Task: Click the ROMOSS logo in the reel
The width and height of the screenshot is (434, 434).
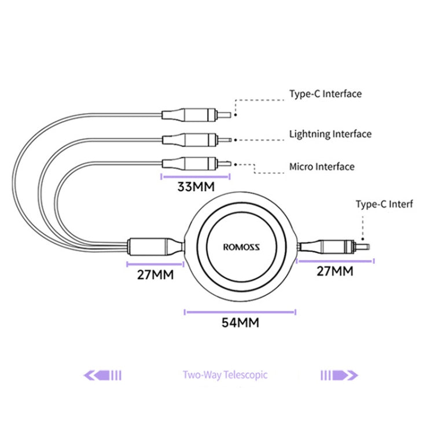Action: click(x=241, y=247)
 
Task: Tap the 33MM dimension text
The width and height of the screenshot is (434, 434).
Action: click(x=196, y=187)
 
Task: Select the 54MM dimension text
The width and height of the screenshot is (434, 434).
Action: click(x=240, y=323)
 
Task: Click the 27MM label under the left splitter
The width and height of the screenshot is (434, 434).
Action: click(x=155, y=275)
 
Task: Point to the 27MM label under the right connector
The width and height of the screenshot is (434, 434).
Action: click(x=335, y=271)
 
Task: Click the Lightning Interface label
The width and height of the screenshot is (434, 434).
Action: click(x=330, y=134)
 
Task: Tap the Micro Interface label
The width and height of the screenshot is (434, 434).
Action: click(x=322, y=167)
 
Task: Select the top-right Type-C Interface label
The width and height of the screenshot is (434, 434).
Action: click(x=325, y=94)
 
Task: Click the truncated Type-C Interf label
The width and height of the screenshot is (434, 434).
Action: click(x=384, y=204)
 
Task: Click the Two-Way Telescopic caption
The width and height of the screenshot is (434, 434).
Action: click(x=225, y=375)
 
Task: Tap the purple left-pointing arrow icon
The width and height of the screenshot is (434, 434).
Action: click(x=102, y=376)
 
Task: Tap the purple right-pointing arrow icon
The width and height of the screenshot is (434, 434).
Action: click(x=339, y=376)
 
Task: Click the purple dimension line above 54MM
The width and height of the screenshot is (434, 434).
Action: click(x=240, y=312)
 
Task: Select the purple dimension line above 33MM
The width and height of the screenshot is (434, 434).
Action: click(x=196, y=176)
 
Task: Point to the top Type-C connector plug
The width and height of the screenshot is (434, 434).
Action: click(x=196, y=115)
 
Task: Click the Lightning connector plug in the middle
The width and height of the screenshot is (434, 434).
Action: click(x=197, y=140)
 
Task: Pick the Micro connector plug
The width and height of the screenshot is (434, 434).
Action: click(x=196, y=164)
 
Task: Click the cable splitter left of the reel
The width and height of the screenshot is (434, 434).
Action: click(x=156, y=247)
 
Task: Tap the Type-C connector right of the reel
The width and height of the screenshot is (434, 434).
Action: click(x=333, y=247)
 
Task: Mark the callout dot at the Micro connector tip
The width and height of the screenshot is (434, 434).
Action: click(x=236, y=164)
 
